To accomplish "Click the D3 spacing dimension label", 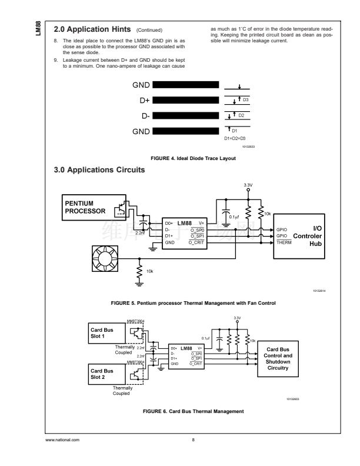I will pyautogui.click(x=245, y=99).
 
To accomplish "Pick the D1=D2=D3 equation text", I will pyautogui.click(x=235, y=138).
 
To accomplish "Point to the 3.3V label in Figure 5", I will pyautogui.click(x=248, y=185).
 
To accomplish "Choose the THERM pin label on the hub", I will pyautogui.click(x=284, y=242).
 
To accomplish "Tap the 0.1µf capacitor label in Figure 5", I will pyautogui.click(x=235, y=217).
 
